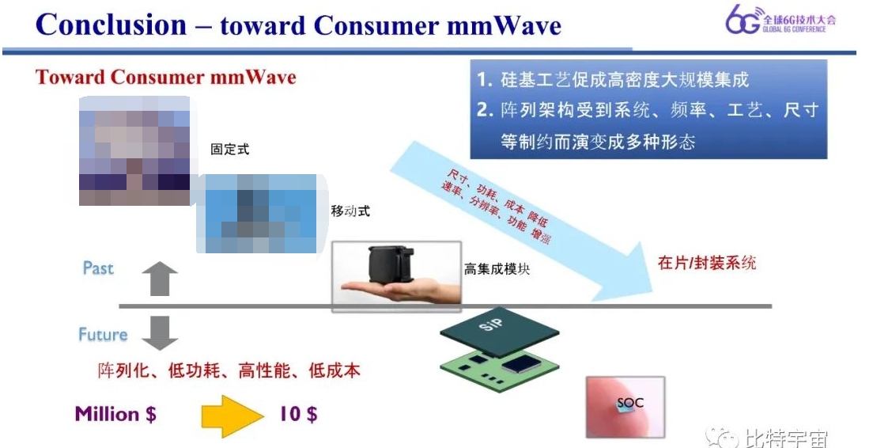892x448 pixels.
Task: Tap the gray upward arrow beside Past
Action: point(159,279)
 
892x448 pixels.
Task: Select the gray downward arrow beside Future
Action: point(160,332)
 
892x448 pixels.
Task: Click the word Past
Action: point(98,268)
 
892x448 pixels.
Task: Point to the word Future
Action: point(103,334)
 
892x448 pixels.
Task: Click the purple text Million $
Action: point(115,414)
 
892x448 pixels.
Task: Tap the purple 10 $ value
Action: point(298,414)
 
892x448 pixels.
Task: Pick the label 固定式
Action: point(230,150)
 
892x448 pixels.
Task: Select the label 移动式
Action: point(350,211)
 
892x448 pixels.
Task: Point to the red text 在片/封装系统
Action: point(707,263)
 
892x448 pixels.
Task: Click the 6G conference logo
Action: point(780,20)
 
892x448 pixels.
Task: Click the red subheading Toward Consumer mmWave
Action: point(165,77)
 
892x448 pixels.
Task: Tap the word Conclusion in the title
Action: point(111,25)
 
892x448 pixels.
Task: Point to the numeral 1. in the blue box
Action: point(485,80)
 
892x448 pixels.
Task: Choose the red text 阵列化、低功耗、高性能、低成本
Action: point(229,370)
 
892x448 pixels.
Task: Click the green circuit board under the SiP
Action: point(499,367)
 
